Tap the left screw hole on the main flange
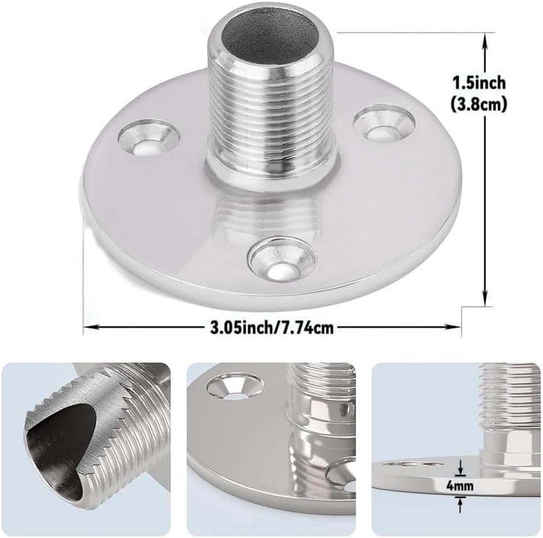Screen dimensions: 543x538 (148, 137)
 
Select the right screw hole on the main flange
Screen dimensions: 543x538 (384, 124)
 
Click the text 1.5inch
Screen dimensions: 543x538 (479, 83)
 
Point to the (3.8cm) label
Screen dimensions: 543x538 (479, 103)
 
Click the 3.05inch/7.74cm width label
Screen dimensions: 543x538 (272, 327)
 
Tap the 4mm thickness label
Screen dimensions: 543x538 (460, 486)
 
